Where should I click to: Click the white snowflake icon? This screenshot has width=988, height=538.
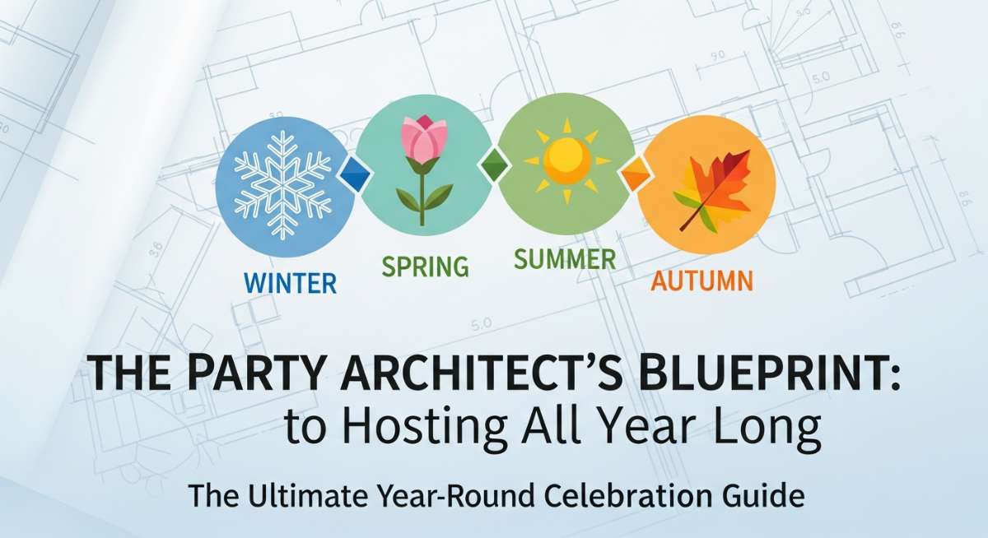pyautogui.click(x=282, y=185)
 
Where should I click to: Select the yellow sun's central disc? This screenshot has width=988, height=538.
pyautogui.click(x=566, y=160)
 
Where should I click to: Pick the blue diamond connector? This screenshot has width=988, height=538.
pyautogui.click(x=355, y=175)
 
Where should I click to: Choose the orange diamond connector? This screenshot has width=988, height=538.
pyautogui.click(x=636, y=174)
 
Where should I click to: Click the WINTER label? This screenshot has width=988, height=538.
pyautogui.click(x=290, y=283)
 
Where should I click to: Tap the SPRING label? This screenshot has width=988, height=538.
pyautogui.click(x=425, y=267)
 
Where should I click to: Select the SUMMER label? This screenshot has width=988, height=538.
pyautogui.click(x=565, y=258)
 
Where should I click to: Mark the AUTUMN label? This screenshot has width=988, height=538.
pyautogui.click(x=701, y=281)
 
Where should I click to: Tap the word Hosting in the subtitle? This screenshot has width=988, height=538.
pyautogui.click(x=422, y=429)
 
